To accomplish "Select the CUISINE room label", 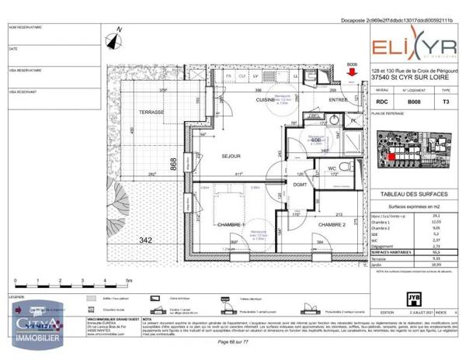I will click(268, 100).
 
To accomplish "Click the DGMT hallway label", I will click(300, 184).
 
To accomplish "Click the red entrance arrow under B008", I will click(352, 74).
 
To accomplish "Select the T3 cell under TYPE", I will click(445, 101).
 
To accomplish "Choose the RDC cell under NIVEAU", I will click(381, 101).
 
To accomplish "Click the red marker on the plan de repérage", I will click(393, 155).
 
